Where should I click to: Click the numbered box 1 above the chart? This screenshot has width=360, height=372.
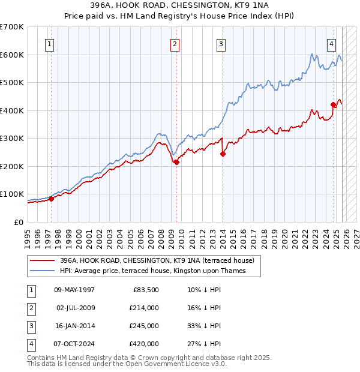[x=49, y=44]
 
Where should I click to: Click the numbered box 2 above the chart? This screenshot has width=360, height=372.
[x=174, y=44]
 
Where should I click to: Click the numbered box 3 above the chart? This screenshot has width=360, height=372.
[x=221, y=44]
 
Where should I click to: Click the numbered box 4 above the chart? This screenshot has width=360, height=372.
[x=331, y=44]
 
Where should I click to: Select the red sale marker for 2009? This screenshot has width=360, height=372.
[x=176, y=162]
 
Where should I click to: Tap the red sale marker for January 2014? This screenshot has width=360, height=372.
[x=223, y=154]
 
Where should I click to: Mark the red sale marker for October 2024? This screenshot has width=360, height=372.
[x=333, y=104]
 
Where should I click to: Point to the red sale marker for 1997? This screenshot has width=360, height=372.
[x=51, y=199]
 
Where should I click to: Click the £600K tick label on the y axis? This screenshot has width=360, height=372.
[x=12, y=55]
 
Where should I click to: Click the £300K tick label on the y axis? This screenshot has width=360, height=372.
[x=12, y=139]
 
